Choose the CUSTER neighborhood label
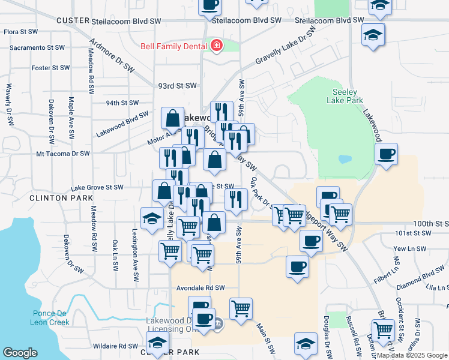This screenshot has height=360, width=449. [x=73, y=20]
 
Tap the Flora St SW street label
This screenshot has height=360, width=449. [x=20, y=32]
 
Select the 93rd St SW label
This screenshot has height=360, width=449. [x=177, y=86]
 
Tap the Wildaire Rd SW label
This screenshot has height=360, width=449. [x=115, y=346]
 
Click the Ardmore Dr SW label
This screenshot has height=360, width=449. [x=112, y=57]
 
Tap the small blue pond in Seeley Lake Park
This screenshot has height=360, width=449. [x=345, y=160]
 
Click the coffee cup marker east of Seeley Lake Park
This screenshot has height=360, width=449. [x=386, y=154]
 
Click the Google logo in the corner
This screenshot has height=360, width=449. [x=20, y=353]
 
